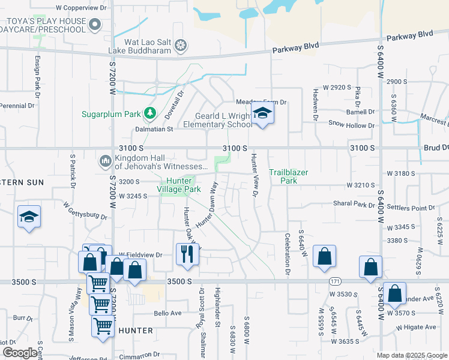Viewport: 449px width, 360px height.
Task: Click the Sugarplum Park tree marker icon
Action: [x=149, y=113]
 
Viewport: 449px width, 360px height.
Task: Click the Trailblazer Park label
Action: [x=288, y=176]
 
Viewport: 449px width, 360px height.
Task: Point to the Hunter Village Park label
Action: [x=179, y=185]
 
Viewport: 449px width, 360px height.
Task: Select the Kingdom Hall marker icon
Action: [x=105, y=161]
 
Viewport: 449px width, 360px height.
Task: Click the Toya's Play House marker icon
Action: [x=95, y=25]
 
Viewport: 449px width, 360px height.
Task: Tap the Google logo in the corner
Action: [x=20, y=353]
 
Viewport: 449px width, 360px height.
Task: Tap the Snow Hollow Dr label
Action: [x=351, y=125]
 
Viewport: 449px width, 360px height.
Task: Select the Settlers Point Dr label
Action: [x=415, y=208]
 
